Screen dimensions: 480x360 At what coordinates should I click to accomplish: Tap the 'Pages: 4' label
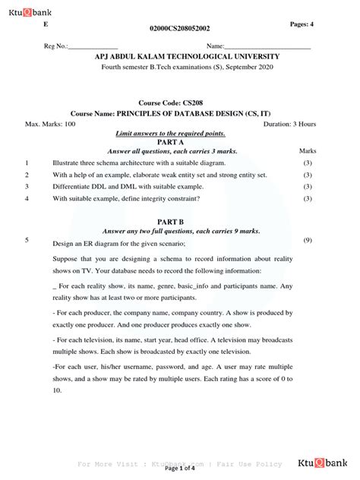[307, 25]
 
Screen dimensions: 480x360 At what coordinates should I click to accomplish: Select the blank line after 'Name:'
[271, 48]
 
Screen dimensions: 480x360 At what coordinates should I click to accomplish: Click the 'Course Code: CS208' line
[180, 101]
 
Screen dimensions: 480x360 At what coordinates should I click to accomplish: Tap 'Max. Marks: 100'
[50, 123]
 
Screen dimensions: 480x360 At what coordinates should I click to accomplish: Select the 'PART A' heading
[180, 142]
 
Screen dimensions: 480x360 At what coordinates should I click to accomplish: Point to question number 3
[27, 186]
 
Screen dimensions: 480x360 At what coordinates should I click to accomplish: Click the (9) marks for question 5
[308, 240]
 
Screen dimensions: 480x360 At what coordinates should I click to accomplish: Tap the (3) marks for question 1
[308, 163]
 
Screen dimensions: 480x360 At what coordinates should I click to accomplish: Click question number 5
[27, 240]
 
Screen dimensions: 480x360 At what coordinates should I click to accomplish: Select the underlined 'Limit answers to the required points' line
[180, 133]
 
